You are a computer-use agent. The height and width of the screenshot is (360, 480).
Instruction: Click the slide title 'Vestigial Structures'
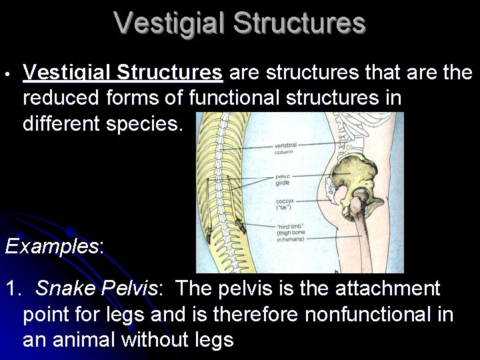pyautogui.click(x=240, y=23)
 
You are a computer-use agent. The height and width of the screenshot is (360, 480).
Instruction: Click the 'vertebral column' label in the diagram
pyautogui.click(x=284, y=149)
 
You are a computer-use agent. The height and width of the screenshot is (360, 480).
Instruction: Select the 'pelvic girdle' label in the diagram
pyautogui.click(x=282, y=179)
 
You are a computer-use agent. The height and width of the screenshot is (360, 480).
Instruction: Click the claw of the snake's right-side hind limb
pyautogui.click(x=241, y=231)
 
